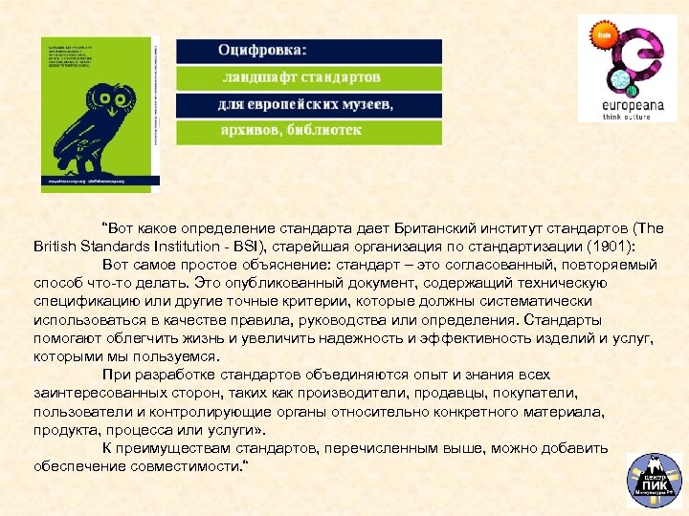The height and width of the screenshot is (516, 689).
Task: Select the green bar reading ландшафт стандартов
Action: (309, 76)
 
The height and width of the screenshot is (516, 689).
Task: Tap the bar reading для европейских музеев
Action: (309, 104)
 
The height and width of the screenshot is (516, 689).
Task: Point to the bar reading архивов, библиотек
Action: (309, 131)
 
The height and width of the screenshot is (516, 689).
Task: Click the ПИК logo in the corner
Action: (653, 480)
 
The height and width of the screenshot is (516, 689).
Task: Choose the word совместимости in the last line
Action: (180, 465)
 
